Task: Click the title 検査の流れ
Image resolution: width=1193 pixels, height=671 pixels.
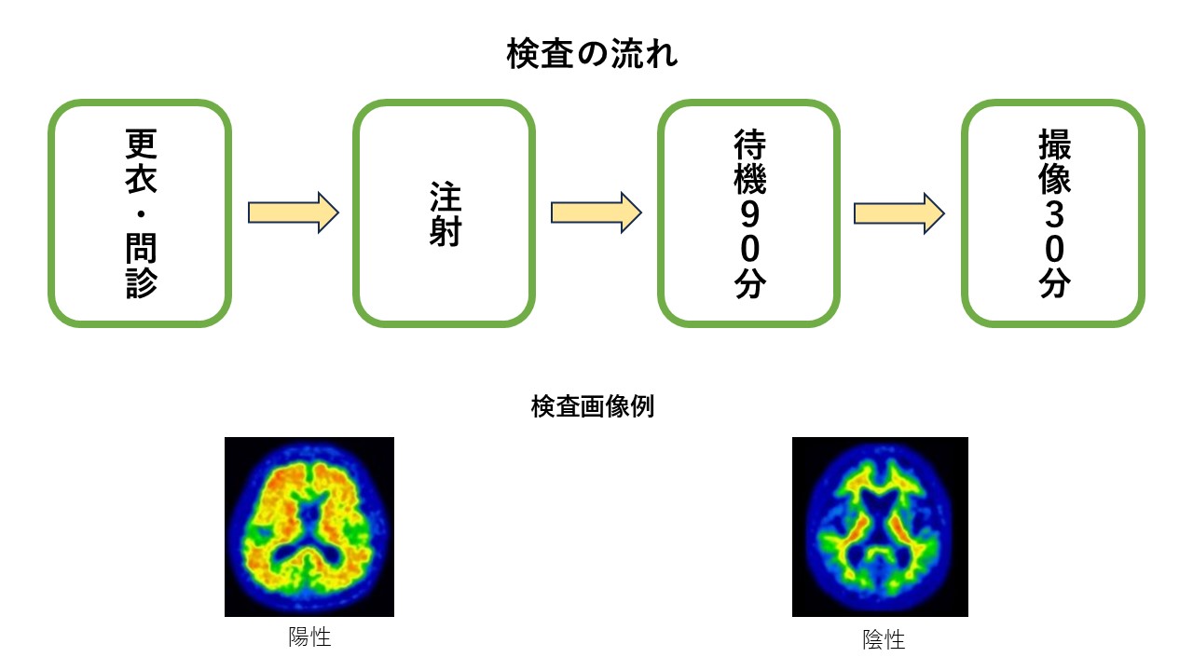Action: point(592,54)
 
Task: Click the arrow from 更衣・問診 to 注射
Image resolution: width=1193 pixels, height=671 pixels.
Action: point(293,213)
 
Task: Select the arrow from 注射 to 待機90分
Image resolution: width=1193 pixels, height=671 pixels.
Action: point(596,213)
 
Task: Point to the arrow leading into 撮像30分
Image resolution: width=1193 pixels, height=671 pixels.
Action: point(899,213)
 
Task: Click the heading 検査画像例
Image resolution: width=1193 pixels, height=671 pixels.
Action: point(592,406)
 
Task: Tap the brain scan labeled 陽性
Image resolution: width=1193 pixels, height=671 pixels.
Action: point(309,527)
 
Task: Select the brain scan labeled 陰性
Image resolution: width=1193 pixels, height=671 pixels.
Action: point(880,527)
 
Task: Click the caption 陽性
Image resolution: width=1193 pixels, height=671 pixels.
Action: point(309,637)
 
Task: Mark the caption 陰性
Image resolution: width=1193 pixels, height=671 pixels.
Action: point(884,639)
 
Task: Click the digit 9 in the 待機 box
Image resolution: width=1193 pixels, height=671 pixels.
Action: point(749,214)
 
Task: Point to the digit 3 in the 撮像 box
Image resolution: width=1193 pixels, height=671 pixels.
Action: point(1054,214)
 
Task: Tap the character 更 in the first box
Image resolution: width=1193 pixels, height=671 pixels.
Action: point(141,144)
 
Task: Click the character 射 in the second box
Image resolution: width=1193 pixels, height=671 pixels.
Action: point(446,231)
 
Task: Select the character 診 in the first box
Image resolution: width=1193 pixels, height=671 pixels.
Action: point(141,282)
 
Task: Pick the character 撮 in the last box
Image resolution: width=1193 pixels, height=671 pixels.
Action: point(1054,144)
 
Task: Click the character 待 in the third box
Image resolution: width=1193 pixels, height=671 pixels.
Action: point(750,144)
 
